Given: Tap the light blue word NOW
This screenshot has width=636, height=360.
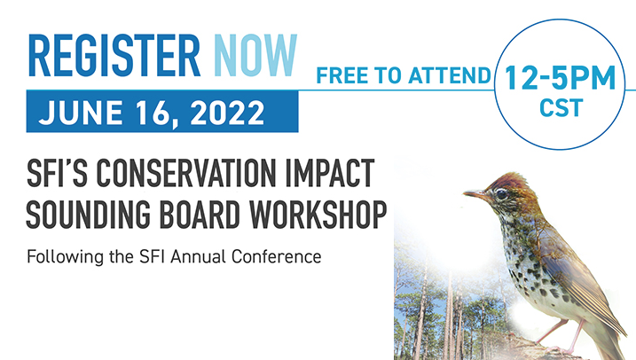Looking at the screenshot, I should click(x=254, y=56).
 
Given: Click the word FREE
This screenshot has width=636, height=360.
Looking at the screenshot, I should click(x=342, y=76).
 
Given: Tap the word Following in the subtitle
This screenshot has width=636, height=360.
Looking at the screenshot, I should click(x=63, y=257).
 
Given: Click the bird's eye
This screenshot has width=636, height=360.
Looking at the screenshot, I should click(x=503, y=193).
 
